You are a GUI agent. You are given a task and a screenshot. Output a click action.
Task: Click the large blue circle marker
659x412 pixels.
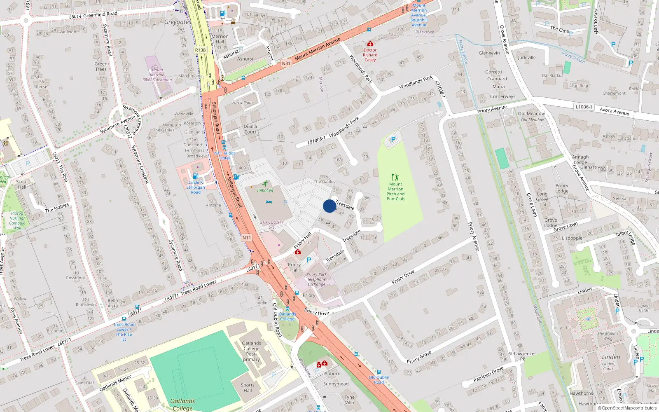[329, 206]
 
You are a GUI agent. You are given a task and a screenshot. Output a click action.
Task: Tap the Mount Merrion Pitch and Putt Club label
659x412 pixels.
[395, 192]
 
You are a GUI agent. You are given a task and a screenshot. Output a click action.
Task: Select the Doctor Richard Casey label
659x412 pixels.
[370, 55]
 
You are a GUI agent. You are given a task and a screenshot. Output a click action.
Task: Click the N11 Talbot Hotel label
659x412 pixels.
[224, 155]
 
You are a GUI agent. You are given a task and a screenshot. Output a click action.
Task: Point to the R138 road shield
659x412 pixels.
[200, 50]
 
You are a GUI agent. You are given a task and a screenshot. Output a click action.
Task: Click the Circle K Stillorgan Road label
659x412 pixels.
[196, 187]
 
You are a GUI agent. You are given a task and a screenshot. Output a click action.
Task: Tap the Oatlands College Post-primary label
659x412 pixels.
[251, 351]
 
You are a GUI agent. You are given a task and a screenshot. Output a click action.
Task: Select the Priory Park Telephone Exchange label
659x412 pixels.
[316, 279]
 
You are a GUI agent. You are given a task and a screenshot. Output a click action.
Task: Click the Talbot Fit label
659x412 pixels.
[265, 190]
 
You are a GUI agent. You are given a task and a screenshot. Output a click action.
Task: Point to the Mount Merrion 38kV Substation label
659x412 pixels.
[157, 75]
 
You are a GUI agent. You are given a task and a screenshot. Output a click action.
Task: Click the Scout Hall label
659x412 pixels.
[22, 184]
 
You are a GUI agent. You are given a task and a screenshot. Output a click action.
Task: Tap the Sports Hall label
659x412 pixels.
[248, 388]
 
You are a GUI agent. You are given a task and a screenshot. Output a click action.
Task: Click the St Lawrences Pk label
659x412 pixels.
[522, 356]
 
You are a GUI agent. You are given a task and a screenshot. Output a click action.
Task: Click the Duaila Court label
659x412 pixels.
[250, 129]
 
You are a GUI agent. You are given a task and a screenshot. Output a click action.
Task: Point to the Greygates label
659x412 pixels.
[177, 22]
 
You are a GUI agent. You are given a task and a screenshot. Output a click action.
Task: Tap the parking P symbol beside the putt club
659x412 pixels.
[393, 140]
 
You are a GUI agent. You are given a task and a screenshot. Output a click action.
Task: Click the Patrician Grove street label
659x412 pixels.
[488, 374]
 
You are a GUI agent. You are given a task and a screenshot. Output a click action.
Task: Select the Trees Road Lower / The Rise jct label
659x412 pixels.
[124, 332]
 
